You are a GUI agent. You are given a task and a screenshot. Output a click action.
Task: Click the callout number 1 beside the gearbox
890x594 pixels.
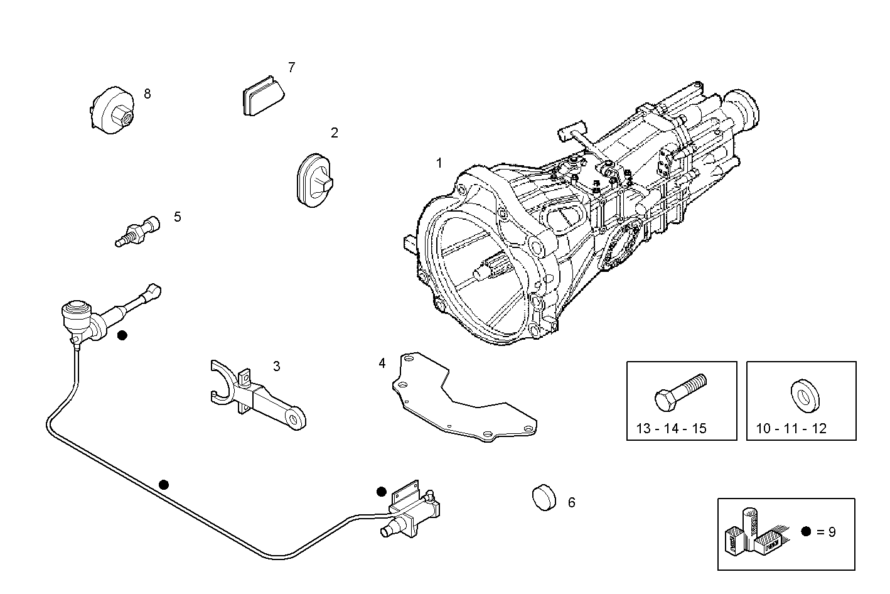439,163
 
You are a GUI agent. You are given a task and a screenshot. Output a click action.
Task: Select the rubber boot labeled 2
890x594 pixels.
314,179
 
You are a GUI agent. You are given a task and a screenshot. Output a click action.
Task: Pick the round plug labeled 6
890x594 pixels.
544,497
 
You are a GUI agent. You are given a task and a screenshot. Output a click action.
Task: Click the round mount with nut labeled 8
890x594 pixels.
112,111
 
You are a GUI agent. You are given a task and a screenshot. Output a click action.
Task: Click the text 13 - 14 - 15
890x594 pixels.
671,429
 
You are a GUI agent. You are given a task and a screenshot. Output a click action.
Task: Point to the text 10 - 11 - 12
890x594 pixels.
791,429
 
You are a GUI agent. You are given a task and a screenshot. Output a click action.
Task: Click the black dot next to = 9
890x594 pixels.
807,531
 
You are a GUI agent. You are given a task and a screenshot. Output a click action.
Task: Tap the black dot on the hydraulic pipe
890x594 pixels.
164,484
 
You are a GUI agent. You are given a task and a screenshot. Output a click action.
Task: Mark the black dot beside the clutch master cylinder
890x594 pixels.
122,335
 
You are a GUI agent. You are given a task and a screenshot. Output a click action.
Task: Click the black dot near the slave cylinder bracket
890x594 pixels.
381,491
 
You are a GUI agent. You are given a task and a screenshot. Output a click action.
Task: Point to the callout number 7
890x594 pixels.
291,67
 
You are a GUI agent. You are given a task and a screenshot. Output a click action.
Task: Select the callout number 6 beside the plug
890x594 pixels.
571,502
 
